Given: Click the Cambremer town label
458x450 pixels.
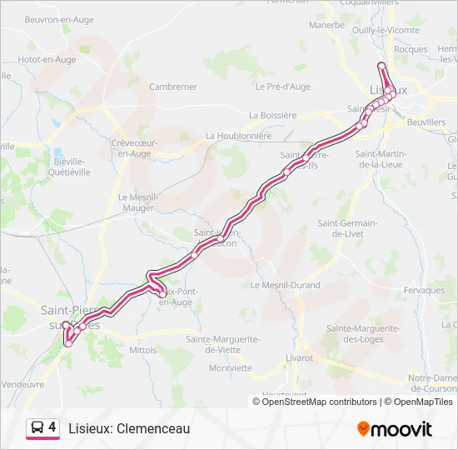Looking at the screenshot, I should pos(172,87).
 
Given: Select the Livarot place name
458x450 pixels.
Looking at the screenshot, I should pos(298,357).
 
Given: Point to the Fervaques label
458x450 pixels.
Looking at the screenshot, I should pos(423,290).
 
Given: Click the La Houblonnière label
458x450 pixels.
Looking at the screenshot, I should pos(238,136).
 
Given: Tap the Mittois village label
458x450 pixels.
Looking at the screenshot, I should pos(143,350).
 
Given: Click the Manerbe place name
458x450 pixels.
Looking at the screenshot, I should pos(326,25).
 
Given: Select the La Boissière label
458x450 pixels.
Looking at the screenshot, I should pos(272,115).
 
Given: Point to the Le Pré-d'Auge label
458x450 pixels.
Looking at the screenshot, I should pos(283,87).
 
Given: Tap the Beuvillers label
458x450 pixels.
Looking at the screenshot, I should pos(427,122).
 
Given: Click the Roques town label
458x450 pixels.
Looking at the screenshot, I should pos(411,49).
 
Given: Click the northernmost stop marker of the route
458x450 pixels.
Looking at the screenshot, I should pos(381,66).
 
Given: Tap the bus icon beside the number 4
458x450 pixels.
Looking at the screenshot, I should pos(37,428).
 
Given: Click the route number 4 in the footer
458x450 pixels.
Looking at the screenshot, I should pos(52,427).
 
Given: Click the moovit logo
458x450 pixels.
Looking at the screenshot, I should pos(395,428).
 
